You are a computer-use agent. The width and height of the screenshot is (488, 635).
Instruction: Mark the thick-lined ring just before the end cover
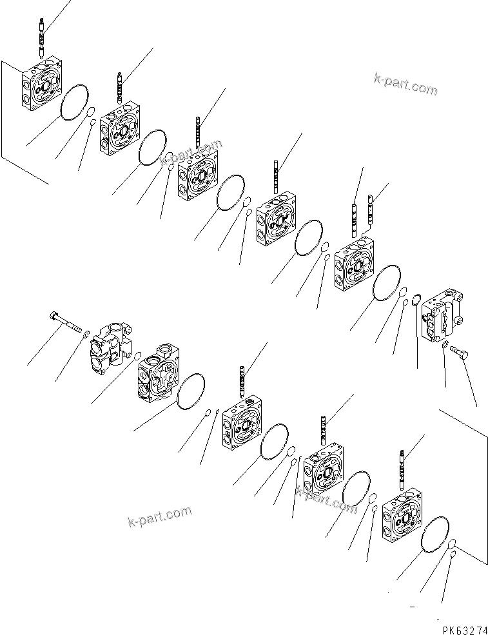pos(417,299)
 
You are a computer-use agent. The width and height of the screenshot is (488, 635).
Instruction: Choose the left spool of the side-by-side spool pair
pos(355,214)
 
